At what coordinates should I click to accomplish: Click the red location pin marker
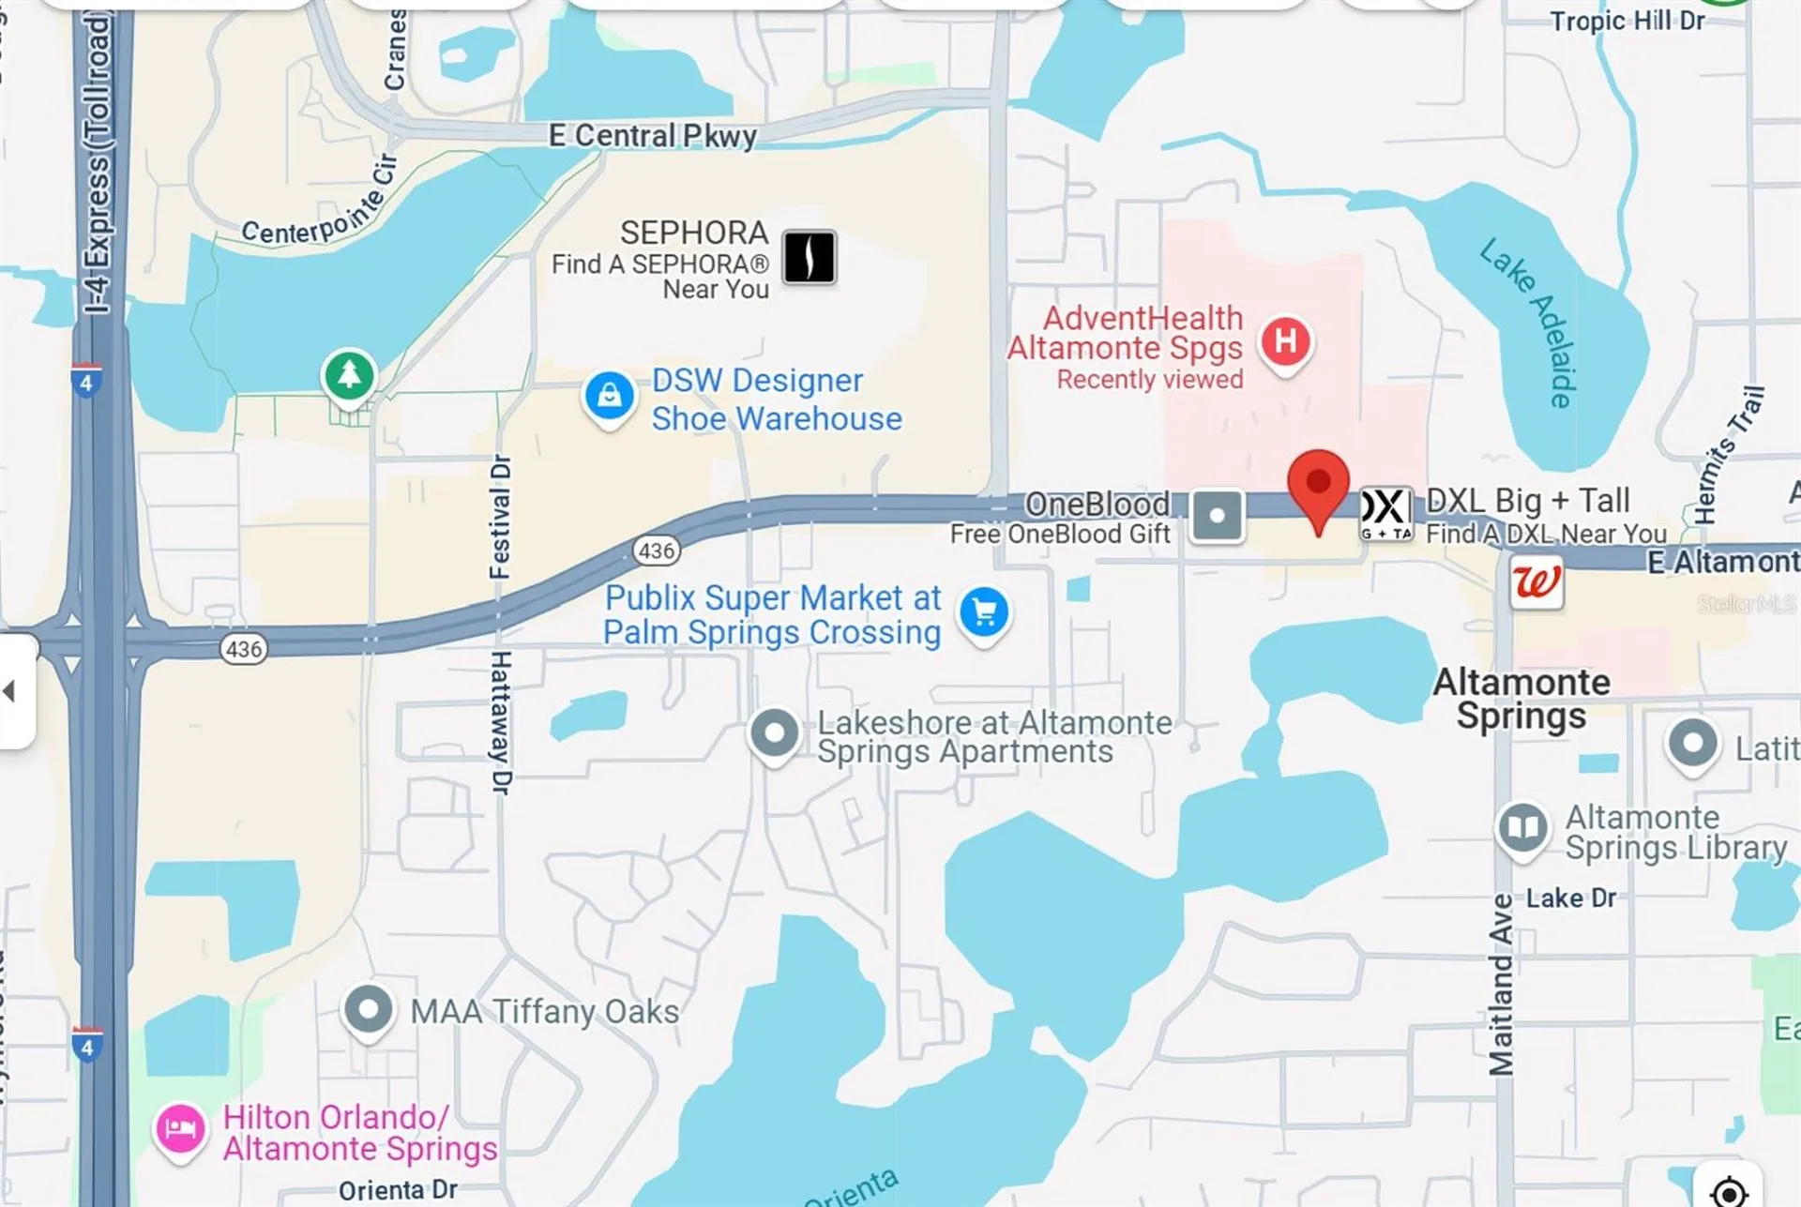coord(1318,484)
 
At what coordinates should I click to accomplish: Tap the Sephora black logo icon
coord(809,257)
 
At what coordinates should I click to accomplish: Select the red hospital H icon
coord(1285,341)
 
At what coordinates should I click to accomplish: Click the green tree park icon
coord(349,375)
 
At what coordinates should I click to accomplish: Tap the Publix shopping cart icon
coord(984,612)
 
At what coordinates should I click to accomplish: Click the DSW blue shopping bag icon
coord(610,396)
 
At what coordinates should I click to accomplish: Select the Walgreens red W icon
coord(1536,582)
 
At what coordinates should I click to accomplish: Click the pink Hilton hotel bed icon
coord(180,1128)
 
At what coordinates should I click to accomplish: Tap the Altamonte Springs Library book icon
coord(1521,827)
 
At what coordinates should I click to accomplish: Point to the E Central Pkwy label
coord(653,136)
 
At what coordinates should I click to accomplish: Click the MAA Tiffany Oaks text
coord(544,1011)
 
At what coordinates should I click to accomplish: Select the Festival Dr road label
coord(501,517)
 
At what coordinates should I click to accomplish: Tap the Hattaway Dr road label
coord(501,722)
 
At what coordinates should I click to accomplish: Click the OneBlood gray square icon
coord(1217,515)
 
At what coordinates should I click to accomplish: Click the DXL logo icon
coord(1385,513)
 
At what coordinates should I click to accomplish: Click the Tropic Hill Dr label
coord(1627,21)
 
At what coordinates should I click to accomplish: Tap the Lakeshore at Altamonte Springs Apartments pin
coord(774,733)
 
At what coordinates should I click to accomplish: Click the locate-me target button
coord(1728,1191)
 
